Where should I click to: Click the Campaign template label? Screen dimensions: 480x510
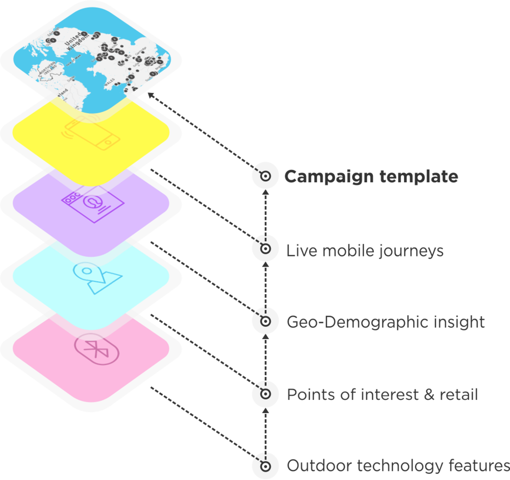tap(371, 177)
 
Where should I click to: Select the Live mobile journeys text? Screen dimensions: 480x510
tap(365, 251)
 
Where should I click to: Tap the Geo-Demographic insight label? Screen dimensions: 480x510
tap(385, 322)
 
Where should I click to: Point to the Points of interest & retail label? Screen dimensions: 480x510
tap(382, 395)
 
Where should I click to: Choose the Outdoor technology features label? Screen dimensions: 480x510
tap(397, 466)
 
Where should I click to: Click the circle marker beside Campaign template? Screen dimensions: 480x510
tap(265, 176)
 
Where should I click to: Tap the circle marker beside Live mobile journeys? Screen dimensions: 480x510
tap(265, 249)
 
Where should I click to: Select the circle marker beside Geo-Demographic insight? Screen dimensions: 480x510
tap(265, 321)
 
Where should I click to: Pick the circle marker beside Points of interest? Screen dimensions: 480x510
tap(265, 394)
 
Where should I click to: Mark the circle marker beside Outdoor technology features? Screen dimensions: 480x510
tap(265, 466)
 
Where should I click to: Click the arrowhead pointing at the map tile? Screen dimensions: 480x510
tap(150, 95)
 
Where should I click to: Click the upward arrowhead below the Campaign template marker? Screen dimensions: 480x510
tap(265, 194)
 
